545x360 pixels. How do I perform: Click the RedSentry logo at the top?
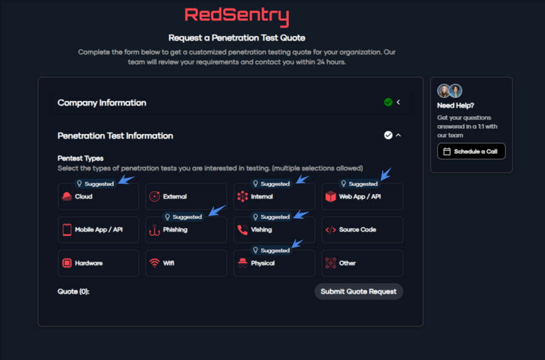pos(236,16)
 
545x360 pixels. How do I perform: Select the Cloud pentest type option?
pos(98,197)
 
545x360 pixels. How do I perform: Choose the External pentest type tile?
pos(186,197)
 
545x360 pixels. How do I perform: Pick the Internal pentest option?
pos(274,197)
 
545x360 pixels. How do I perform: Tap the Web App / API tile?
pos(362,197)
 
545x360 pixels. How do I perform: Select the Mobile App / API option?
pos(98,230)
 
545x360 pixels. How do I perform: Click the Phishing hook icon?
pos(155,230)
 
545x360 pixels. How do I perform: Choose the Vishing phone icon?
pos(243,230)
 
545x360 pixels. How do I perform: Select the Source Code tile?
pos(362,230)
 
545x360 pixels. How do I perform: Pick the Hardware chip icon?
pos(67,263)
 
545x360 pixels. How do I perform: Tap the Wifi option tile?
pos(186,263)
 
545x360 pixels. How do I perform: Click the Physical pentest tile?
pos(274,263)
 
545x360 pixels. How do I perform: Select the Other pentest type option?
pos(362,263)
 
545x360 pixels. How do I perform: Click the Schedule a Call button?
pos(471,151)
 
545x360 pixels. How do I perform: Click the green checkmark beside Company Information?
pos(388,102)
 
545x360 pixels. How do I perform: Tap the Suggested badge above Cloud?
pos(95,184)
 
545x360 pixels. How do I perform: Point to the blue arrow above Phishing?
pos(217,210)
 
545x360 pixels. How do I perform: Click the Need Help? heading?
pos(455,105)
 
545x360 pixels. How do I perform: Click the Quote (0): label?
pos(73,291)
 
